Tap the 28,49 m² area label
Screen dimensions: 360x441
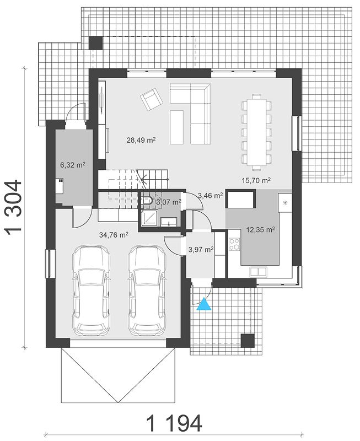(141, 140)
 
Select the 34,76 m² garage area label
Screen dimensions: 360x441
(114, 235)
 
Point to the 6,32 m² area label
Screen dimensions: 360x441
(73, 165)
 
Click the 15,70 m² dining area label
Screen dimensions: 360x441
(256, 180)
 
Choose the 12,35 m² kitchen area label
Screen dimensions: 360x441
(260, 230)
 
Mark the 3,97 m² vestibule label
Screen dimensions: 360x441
(201, 249)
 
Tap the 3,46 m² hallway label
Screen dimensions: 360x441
(211, 195)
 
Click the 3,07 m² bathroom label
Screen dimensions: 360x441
(169, 202)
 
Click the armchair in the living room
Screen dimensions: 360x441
(152, 99)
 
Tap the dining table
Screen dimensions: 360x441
(256, 132)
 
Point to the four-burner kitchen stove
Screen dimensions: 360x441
(234, 244)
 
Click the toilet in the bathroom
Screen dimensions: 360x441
(147, 201)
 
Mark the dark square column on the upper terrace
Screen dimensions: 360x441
(95, 43)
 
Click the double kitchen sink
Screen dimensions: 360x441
(258, 271)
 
